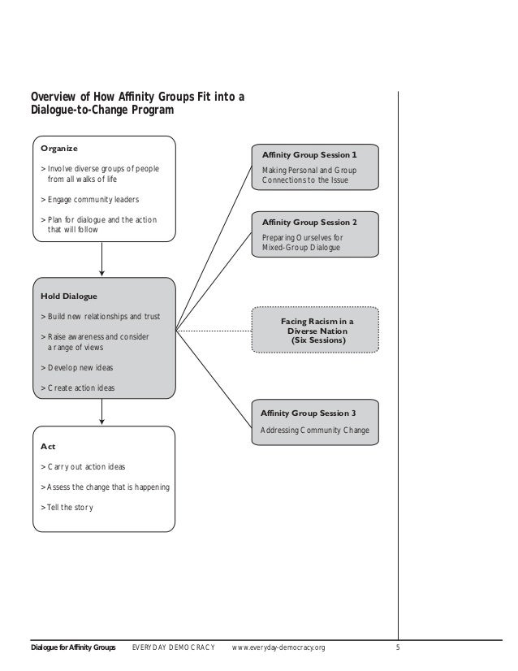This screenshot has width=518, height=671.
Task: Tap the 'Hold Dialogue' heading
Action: (x=68, y=296)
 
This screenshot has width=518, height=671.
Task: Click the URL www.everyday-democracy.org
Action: (x=279, y=647)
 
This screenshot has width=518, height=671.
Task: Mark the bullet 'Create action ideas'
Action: (x=80, y=388)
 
